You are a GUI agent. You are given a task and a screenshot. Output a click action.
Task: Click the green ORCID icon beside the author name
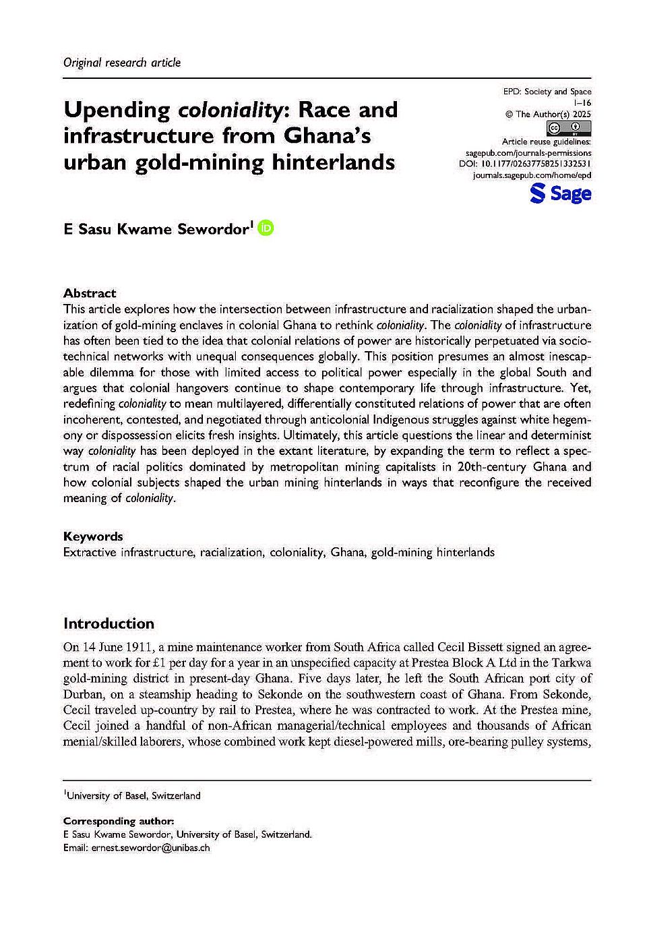266,228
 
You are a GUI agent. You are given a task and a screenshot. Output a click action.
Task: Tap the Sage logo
560,194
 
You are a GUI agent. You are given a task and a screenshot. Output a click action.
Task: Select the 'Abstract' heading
90,293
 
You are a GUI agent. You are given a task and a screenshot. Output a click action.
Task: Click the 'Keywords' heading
93,536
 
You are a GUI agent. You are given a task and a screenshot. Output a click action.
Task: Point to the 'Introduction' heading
109,623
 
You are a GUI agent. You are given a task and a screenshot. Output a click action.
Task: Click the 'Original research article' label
122,63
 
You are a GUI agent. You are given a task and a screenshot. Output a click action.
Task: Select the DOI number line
525,164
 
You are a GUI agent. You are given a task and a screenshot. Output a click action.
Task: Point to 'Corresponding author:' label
119,821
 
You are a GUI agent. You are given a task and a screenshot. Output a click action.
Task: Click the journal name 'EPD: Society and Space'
547,92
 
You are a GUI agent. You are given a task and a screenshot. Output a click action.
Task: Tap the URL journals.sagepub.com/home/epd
532,175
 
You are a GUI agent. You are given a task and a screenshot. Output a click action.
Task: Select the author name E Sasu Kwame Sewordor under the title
156,229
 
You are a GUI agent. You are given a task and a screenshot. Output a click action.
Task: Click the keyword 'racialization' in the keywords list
231,553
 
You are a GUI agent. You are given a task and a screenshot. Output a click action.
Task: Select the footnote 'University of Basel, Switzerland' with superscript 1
133,796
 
